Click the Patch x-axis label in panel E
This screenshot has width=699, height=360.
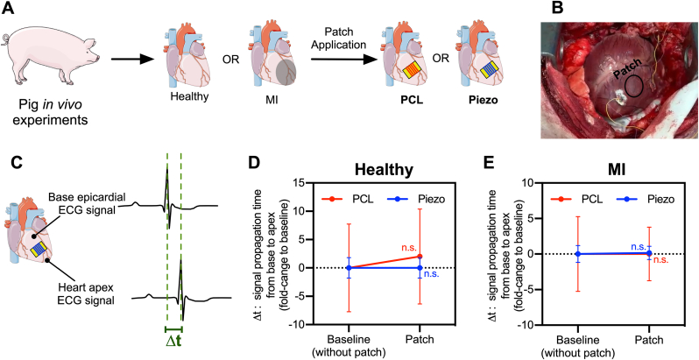point(649,335)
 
